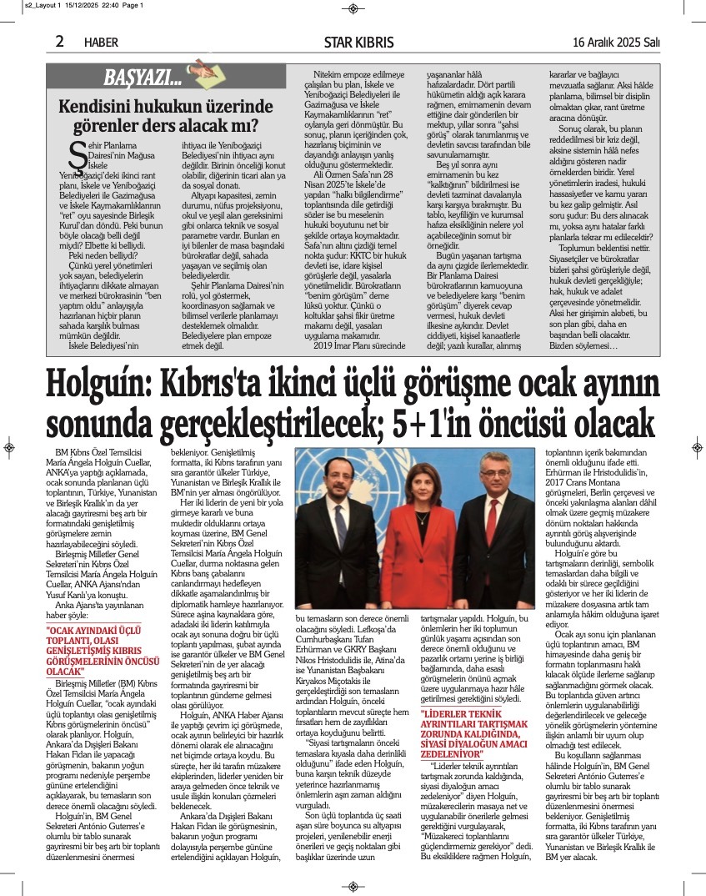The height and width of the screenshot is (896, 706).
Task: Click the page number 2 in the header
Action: tap(60, 41)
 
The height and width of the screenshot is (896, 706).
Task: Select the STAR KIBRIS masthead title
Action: tap(354, 43)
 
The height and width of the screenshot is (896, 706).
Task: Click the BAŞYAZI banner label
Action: tap(142, 78)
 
